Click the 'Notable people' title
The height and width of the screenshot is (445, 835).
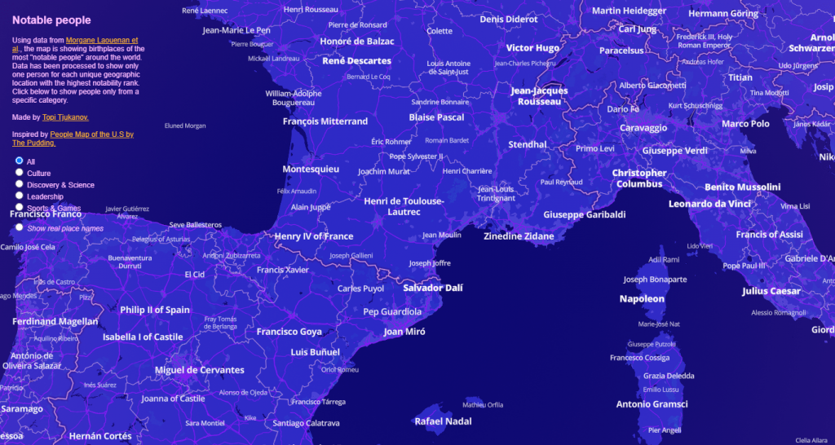pyautogui.click(x=51, y=20)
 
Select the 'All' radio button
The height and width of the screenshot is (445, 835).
pyautogui.click(x=20, y=161)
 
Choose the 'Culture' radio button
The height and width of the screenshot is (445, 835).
pyautogui.click(x=20, y=173)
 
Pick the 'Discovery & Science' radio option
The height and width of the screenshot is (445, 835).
pyautogui.click(x=20, y=184)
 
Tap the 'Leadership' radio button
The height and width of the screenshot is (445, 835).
pyautogui.click(x=20, y=196)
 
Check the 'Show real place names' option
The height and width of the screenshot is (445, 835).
pyautogui.click(x=20, y=228)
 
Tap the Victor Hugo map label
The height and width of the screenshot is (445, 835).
pyautogui.click(x=532, y=48)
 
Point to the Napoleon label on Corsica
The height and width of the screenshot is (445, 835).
pyautogui.click(x=642, y=299)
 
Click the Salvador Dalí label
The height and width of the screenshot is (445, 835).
pyautogui.click(x=435, y=288)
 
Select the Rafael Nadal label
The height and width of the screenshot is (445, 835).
pyautogui.click(x=443, y=421)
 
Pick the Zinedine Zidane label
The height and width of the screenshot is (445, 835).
pyautogui.click(x=519, y=236)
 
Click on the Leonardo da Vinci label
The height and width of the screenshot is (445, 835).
pyautogui.click(x=709, y=204)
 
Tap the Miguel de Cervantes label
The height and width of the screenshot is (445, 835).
pyautogui.click(x=199, y=370)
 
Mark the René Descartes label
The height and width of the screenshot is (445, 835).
pyautogui.click(x=356, y=61)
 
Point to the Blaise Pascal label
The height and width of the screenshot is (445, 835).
pyautogui.click(x=436, y=117)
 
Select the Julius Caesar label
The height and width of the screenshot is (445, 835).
pyautogui.click(x=771, y=291)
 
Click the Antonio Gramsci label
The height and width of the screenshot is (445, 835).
pyautogui.click(x=652, y=404)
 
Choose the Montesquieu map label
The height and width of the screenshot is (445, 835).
pyautogui.click(x=311, y=170)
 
